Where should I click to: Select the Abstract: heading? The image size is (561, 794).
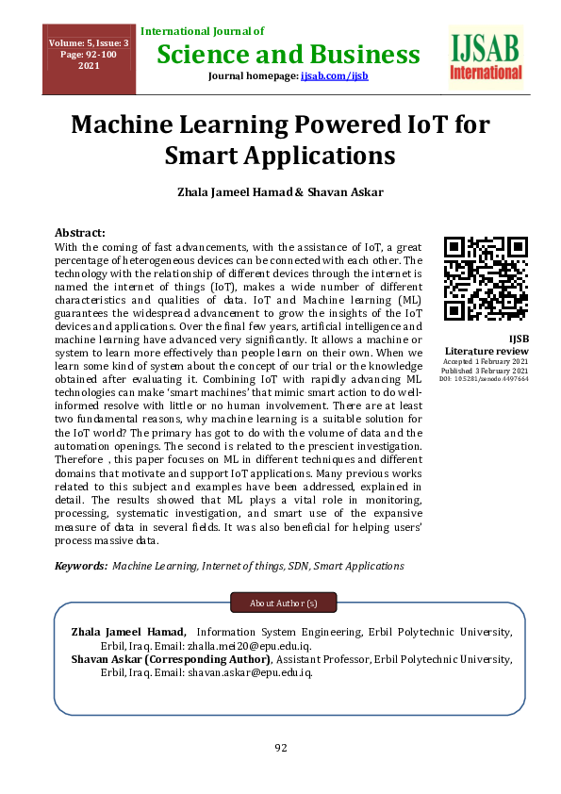point(80,232)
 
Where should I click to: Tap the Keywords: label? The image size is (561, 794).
point(81,566)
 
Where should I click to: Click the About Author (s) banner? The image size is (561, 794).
point(283,602)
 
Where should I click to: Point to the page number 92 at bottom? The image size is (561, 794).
point(280,748)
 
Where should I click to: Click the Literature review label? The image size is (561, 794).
point(487,351)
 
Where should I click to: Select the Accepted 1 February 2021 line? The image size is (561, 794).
point(487,361)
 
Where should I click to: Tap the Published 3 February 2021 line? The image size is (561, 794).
point(487,371)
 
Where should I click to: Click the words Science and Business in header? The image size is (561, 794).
point(282,54)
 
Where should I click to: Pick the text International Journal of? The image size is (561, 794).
point(202,32)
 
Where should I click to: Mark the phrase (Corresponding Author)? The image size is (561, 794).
point(218,659)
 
